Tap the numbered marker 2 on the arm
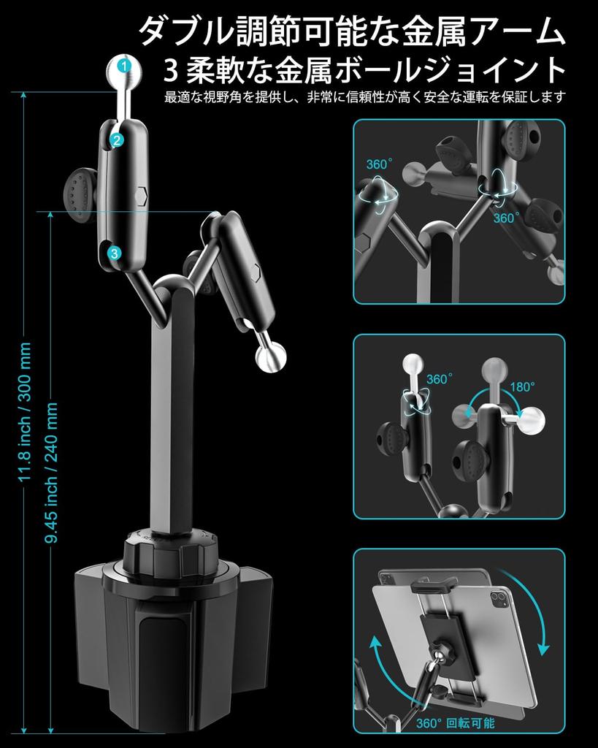point(118,140)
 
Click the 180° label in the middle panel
point(523,387)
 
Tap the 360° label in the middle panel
point(440,380)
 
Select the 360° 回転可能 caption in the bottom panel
point(455,723)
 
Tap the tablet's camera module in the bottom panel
point(502,600)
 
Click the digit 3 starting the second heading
point(172,72)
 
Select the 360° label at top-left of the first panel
point(380,164)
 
